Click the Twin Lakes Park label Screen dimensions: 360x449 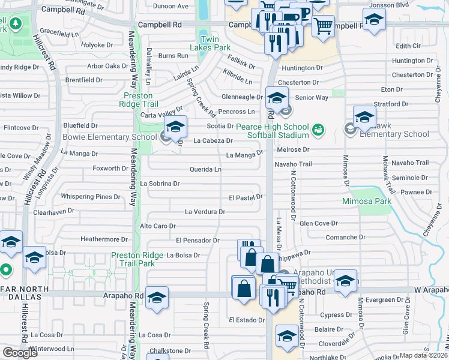[215, 43]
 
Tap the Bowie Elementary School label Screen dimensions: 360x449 [110, 137]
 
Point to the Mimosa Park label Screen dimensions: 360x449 [366, 200]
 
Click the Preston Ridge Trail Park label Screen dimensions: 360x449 [137, 260]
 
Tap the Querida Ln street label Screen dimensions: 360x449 [205, 170]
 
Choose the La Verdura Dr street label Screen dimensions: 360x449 [205, 212]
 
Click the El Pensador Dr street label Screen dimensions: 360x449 [197, 241]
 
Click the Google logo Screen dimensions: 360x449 [20, 353]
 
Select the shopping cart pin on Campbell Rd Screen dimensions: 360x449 [323, 26]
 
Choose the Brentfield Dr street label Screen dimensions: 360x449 [83, 80]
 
